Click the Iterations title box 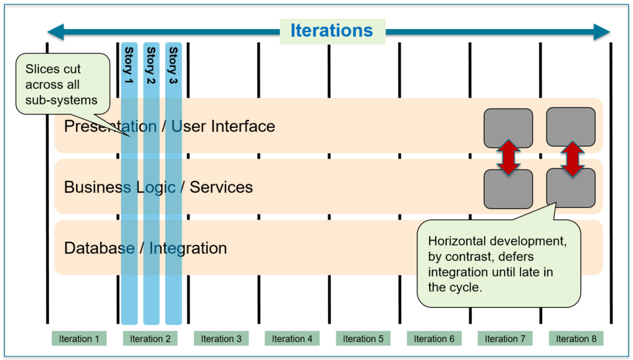(x=333, y=31)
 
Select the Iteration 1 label (x=79, y=338)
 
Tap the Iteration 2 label (x=150, y=338)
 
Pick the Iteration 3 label (x=221, y=338)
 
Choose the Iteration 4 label (x=292, y=338)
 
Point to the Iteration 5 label (x=363, y=338)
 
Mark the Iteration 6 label (x=434, y=338)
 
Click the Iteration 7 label (x=505, y=338)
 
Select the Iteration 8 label (x=576, y=338)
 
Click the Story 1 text (x=129, y=66)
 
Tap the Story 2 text (x=151, y=66)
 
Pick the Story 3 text (x=173, y=66)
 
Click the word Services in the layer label (x=221, y=187)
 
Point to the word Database (x=100, y=248)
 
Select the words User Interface (x=223, y=126)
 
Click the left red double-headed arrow (x=508, y=158)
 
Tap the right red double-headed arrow (x=572, y=159)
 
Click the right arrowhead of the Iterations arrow (x=601, y=32)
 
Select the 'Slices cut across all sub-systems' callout (x=62, y=84)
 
